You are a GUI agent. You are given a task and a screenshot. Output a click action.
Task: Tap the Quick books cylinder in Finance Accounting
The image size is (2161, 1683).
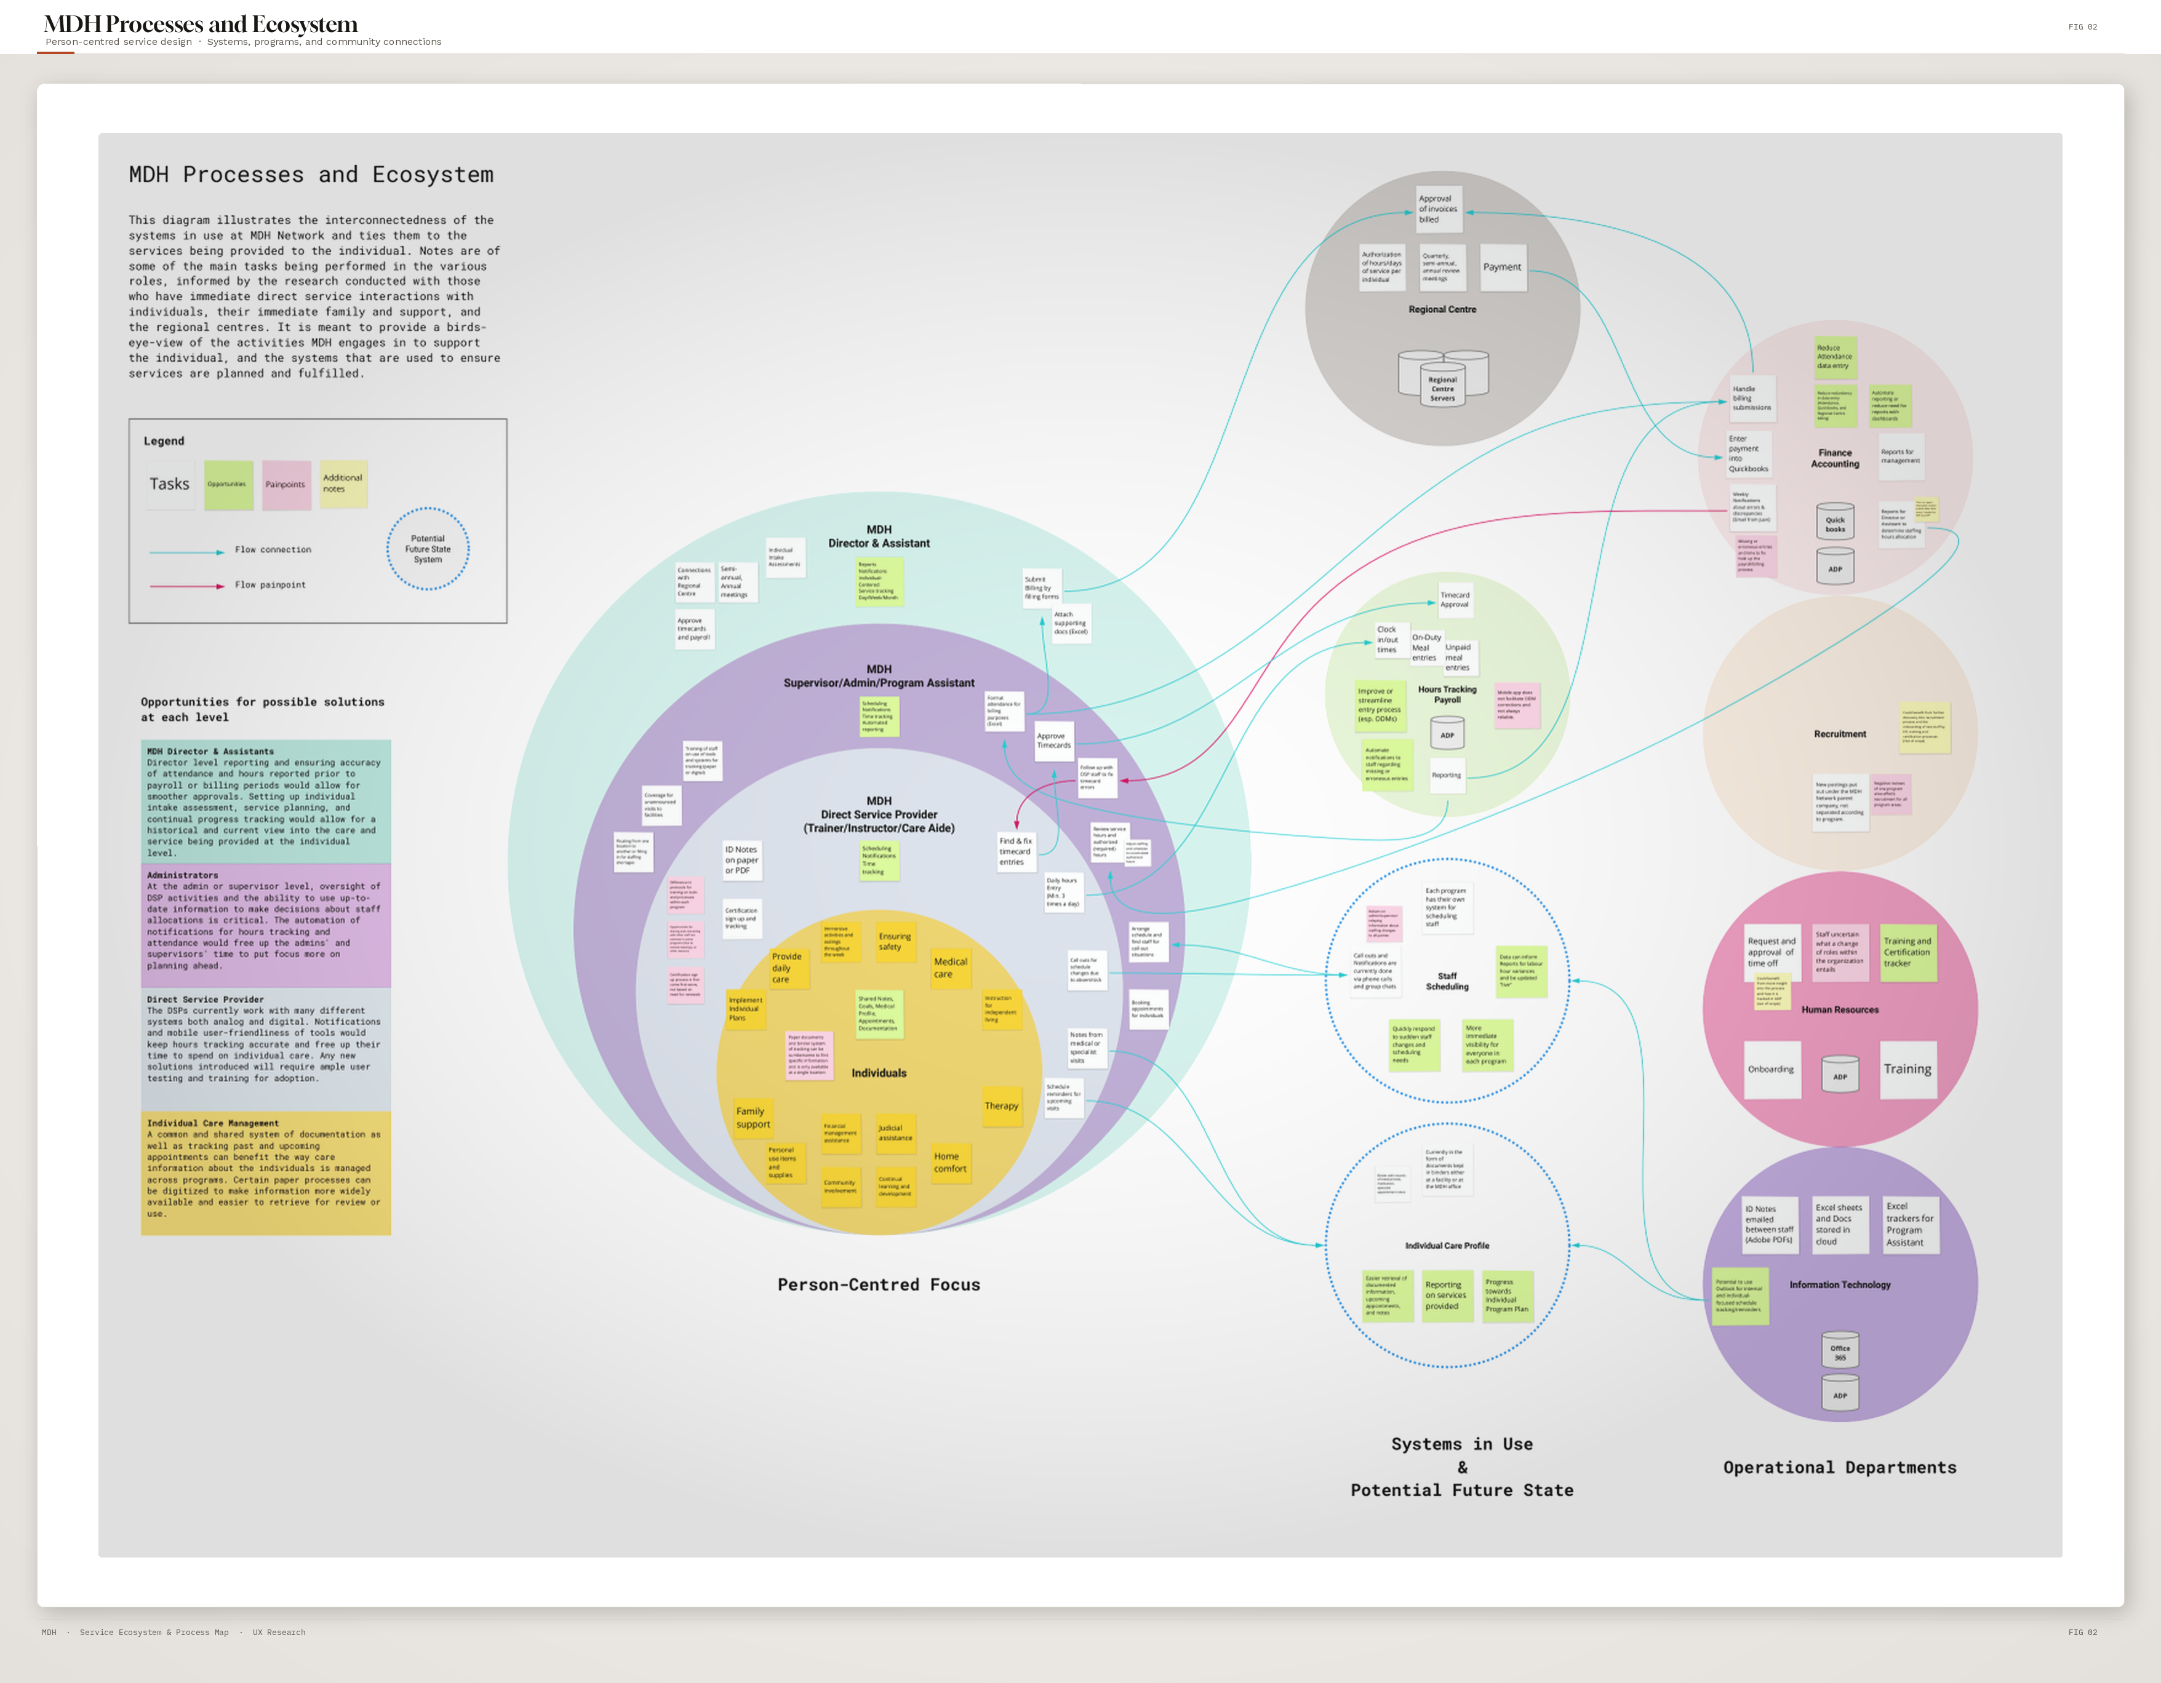1834,522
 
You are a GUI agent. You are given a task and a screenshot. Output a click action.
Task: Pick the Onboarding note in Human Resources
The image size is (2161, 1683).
1770,1070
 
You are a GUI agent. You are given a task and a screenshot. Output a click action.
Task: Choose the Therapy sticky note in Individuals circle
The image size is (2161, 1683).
1001,1106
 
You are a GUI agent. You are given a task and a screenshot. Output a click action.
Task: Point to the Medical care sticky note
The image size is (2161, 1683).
950,968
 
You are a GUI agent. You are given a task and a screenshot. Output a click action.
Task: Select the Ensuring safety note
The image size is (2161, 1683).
895,941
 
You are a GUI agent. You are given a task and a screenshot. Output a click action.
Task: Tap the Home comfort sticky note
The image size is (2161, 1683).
950,1163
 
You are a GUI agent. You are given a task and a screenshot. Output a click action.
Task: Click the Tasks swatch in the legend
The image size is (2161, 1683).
169,485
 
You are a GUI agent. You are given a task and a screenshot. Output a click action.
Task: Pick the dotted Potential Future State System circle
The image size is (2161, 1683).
428,549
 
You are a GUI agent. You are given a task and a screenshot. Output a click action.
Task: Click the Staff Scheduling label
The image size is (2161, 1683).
1447,982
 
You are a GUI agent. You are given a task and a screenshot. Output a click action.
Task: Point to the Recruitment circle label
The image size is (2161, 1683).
1839,734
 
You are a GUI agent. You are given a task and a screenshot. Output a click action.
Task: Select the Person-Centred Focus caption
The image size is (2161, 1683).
879,1285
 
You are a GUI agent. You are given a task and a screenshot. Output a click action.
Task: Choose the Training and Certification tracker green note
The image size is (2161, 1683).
1907,953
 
